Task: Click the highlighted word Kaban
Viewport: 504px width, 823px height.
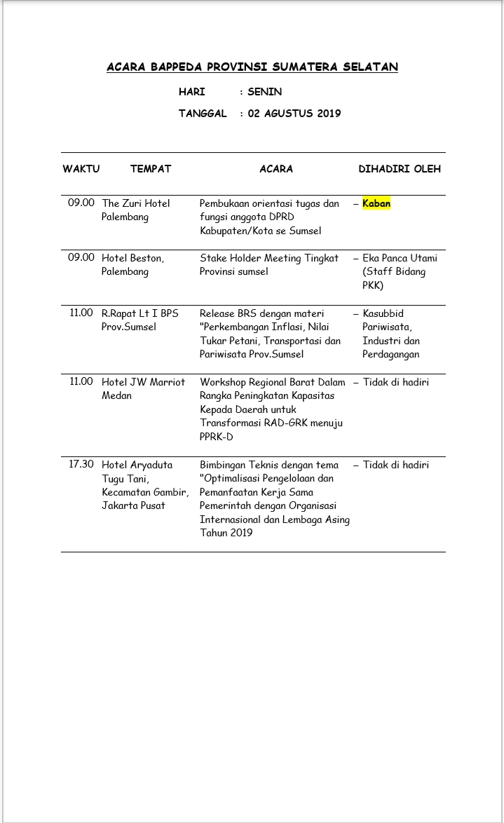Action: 376,203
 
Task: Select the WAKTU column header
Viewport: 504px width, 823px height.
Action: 81,169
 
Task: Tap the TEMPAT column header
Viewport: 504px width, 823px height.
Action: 151,169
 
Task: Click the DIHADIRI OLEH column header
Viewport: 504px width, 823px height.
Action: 400,169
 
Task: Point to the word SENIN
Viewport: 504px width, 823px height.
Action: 264,92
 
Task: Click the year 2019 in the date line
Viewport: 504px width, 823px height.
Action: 327,113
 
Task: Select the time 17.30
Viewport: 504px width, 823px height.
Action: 81,464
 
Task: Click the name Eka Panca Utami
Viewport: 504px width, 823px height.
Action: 400,258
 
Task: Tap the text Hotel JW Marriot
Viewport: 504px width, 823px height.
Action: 144,382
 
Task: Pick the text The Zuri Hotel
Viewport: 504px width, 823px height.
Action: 136,203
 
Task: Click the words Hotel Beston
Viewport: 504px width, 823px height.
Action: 132,258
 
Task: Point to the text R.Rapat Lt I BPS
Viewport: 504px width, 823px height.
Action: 140,313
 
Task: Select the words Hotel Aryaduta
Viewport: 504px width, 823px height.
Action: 137,465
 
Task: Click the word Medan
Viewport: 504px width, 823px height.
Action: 116,395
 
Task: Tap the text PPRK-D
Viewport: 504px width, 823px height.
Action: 217,437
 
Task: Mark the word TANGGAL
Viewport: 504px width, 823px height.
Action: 203,113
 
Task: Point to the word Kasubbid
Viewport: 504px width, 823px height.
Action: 383,313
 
